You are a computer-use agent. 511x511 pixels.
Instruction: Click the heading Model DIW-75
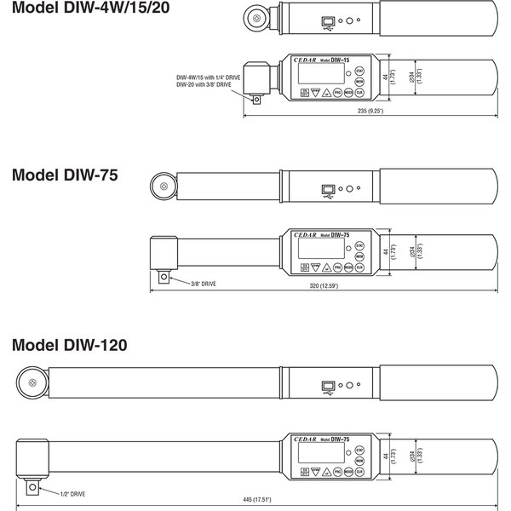click(65, 175)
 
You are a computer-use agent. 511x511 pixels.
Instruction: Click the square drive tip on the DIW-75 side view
click(164, 274)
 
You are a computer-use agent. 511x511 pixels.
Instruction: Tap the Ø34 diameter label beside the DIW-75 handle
click(405, 252)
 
